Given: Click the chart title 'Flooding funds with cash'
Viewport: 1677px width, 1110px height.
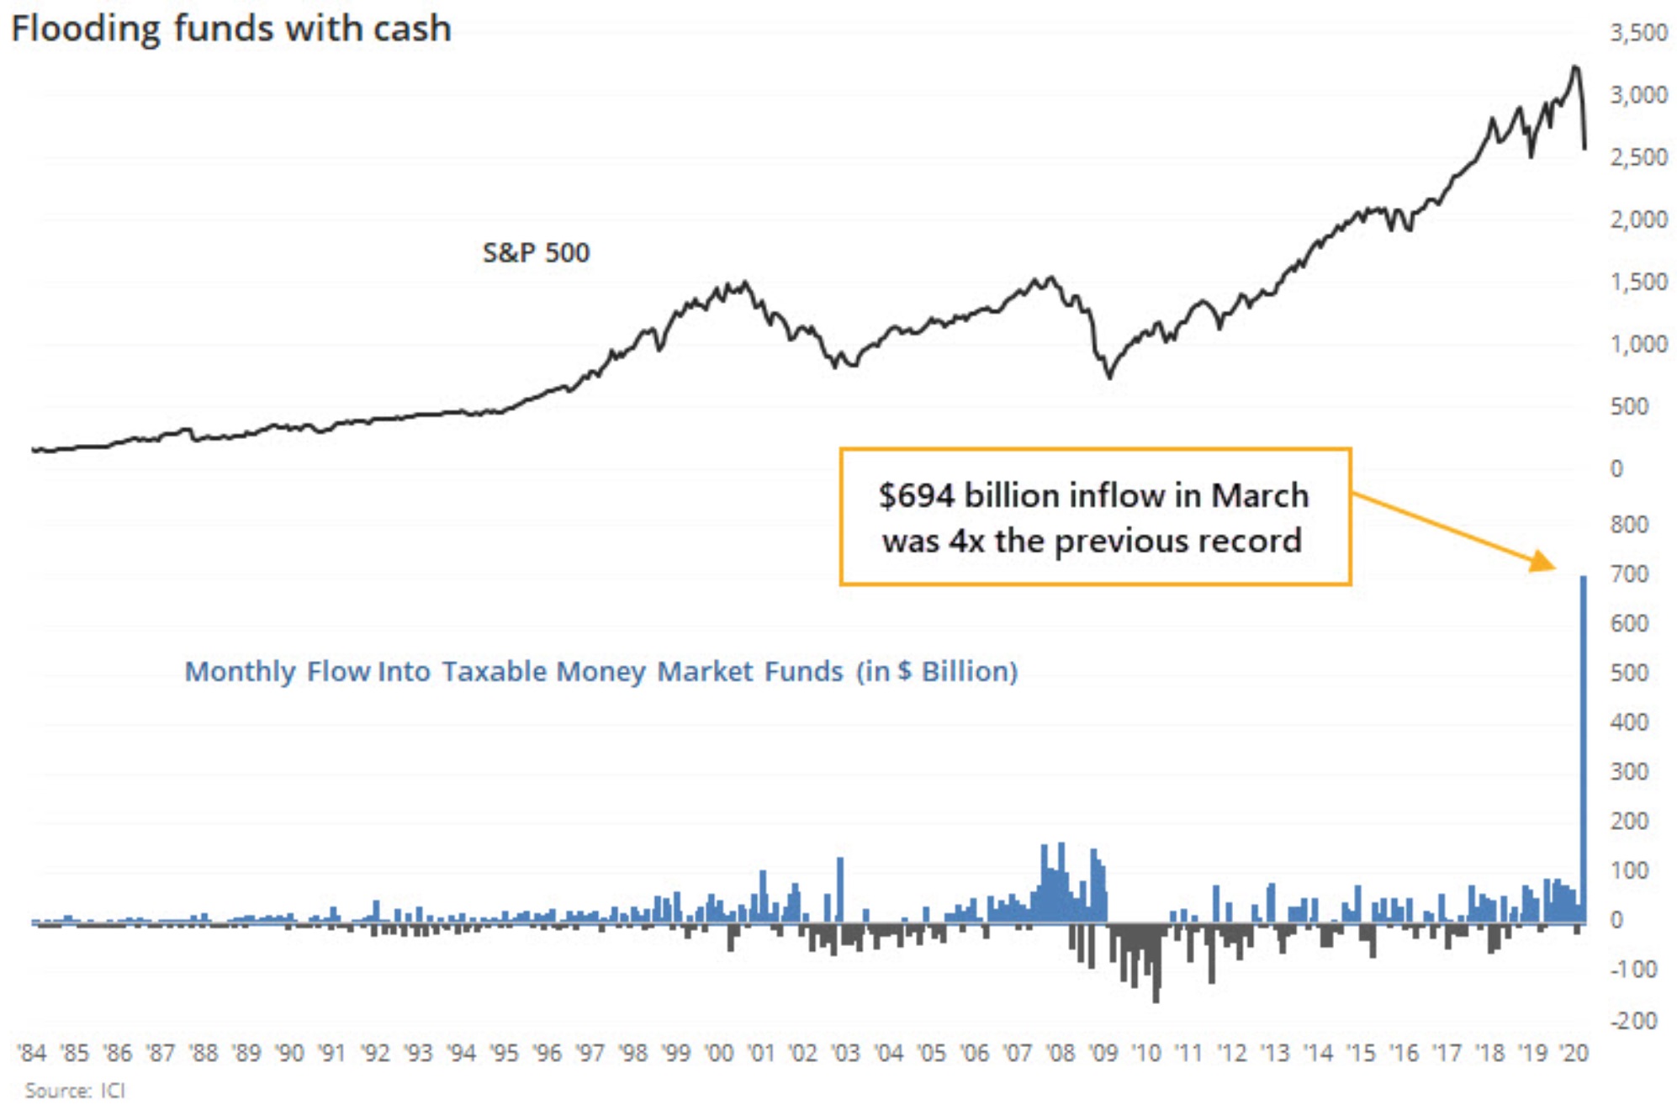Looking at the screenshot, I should (231, 29).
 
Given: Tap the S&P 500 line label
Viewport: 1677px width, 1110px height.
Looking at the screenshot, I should (536, 252).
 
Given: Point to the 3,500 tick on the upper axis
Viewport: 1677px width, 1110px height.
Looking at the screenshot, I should (1638, 33).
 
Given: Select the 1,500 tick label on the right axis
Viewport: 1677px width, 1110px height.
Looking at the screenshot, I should (1638, 282).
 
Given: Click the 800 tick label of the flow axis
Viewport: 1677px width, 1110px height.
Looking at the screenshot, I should (1629, 525).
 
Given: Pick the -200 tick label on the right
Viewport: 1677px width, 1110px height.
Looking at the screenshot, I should (1632, 1020).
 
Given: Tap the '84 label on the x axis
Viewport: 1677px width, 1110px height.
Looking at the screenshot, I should (32, 1053).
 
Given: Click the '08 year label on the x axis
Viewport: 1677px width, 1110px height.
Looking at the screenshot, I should (1061, 1053).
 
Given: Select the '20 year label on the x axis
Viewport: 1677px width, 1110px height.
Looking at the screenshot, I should (1574, 1053).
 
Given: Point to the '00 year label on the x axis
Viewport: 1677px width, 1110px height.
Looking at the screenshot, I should (718, 1053).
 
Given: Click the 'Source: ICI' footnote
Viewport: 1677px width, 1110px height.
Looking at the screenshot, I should (75, 1091).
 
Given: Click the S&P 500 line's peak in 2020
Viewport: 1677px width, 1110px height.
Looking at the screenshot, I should (1574, 66).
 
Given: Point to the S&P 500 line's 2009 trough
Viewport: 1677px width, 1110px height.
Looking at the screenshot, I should (1109, 377).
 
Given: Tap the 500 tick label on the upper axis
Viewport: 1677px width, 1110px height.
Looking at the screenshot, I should (1629, 407).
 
